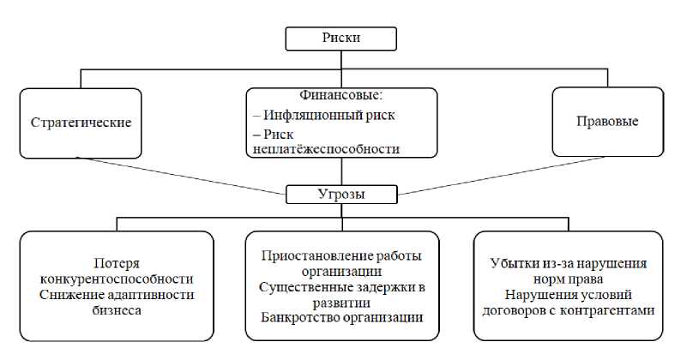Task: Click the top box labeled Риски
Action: pos(340,39)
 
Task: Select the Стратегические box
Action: pos(81,122)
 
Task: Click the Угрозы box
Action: pos(340,194)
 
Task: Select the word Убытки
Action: pos(513,263)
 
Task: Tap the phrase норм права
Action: pos(568,279)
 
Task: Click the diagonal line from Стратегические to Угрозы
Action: pos(180,176)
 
